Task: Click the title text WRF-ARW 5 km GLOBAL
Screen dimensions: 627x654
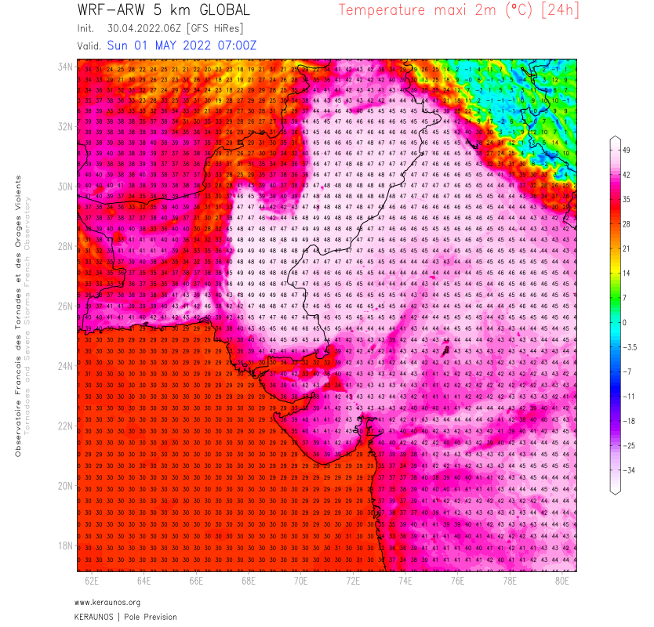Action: coord(164,10)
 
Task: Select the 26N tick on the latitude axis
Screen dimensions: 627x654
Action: coord(65,306)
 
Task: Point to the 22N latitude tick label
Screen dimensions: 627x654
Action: coord(65,426)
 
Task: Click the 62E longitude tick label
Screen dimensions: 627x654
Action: coord(92,581)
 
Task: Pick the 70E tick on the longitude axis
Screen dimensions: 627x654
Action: coord(301,581)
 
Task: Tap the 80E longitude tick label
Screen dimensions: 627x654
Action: coord(562,581)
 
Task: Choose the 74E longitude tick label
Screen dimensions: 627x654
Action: coord(405,581)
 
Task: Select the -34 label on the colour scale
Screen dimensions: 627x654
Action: coord(627,469)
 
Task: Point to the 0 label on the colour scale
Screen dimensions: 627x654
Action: coord(624,322)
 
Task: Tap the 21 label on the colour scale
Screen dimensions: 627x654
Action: coord(626,248)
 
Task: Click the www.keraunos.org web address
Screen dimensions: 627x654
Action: coord(107,602)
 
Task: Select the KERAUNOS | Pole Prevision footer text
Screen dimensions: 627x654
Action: coord(125,617)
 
